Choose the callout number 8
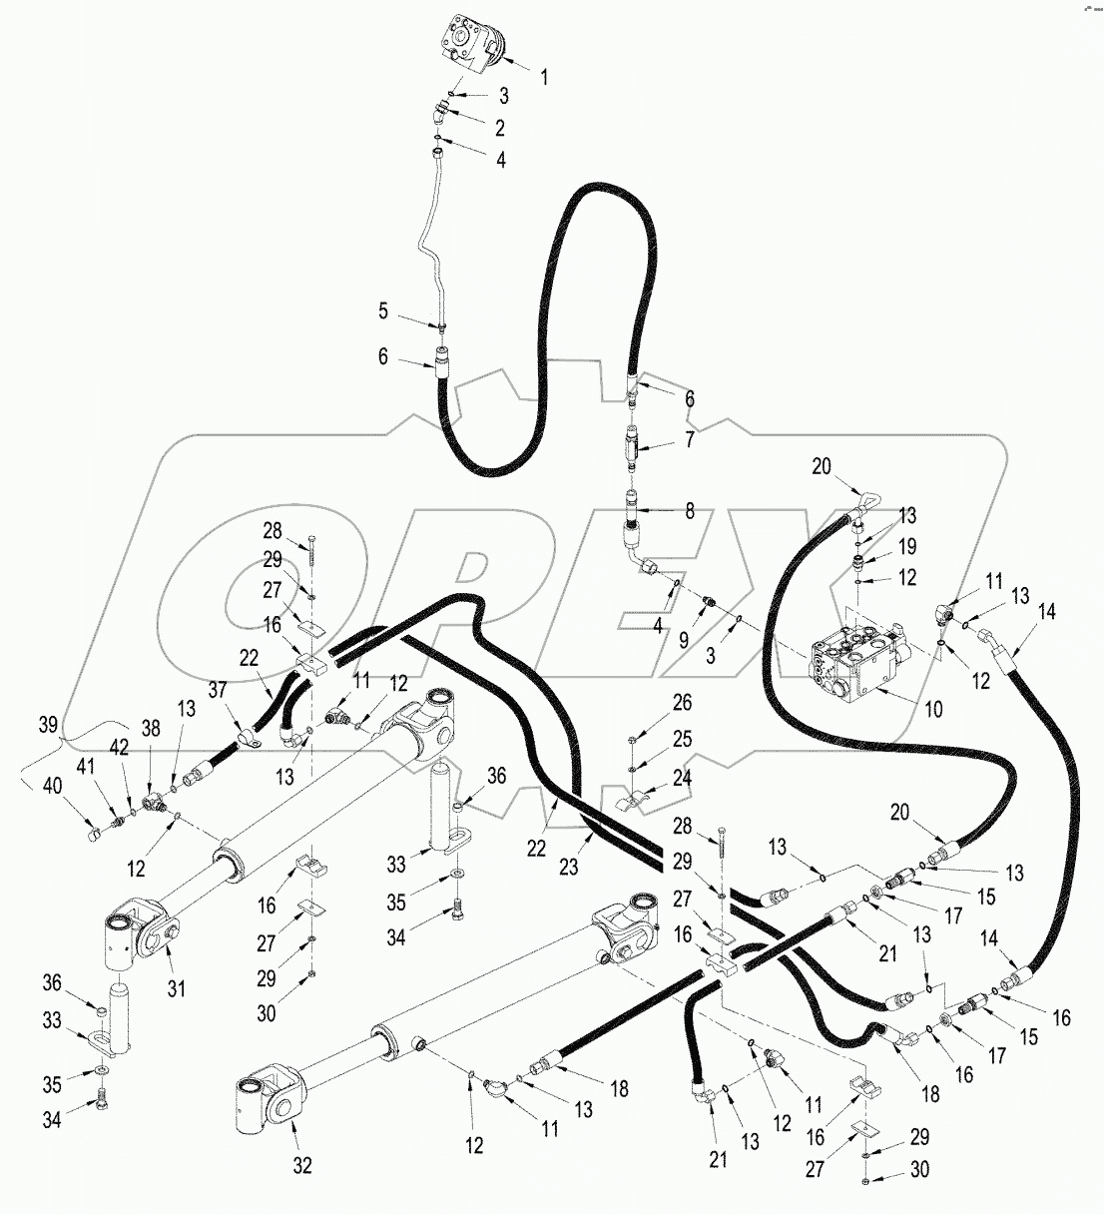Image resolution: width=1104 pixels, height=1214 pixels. pos(689,511)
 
